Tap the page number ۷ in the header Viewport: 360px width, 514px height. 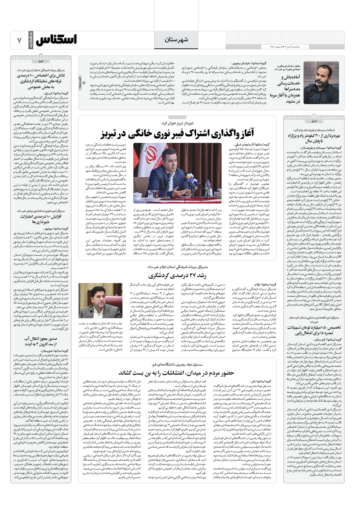[19, 40]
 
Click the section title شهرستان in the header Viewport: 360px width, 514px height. [176, 40]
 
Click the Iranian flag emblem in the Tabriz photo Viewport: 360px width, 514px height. [146, 157]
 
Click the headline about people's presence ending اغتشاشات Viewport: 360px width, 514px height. [176, 373]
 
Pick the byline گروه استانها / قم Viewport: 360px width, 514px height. [263, 381]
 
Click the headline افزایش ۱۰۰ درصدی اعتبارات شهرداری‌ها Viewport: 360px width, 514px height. [41, 219]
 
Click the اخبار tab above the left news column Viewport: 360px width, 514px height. [41, 61]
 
